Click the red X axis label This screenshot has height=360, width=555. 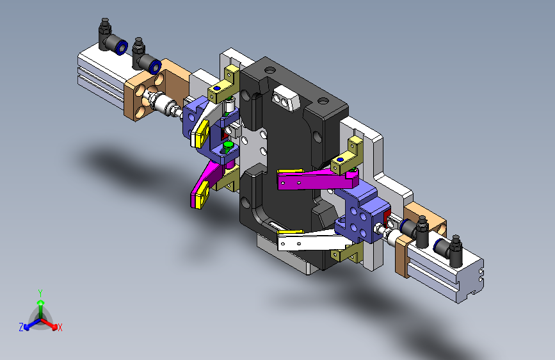(x=60, y=328)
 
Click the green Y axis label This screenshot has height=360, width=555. (x=40, y=293)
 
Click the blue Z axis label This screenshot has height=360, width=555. (x=21, y=327)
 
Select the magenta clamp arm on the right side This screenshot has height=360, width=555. (x=317, y=179)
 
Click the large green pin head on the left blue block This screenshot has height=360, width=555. (x=229, y=145)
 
